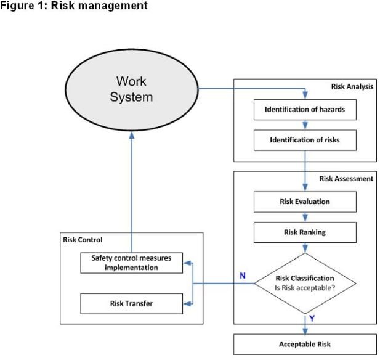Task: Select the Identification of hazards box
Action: [305, 110]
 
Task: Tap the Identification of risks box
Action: [305, 140]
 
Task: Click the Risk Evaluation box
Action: [305, 202]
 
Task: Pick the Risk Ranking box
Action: [305, 232]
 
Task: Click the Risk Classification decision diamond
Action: [305, 283]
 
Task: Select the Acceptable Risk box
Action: [305, 343]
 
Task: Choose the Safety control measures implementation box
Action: [131, 263]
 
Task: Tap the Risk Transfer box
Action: [131, 303]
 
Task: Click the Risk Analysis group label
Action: [352, 86]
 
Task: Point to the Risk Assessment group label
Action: [346, 179]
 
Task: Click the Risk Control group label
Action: [83, 239]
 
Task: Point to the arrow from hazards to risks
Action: [305, 125]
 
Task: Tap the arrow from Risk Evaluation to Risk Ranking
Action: [305, 217]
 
